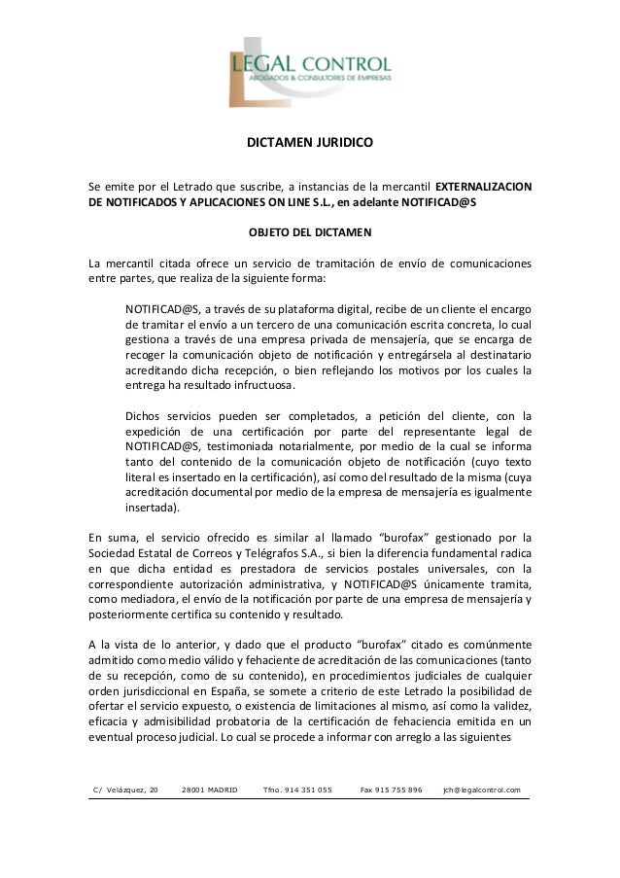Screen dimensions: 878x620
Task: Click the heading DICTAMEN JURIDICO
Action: [x=309, y=143]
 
